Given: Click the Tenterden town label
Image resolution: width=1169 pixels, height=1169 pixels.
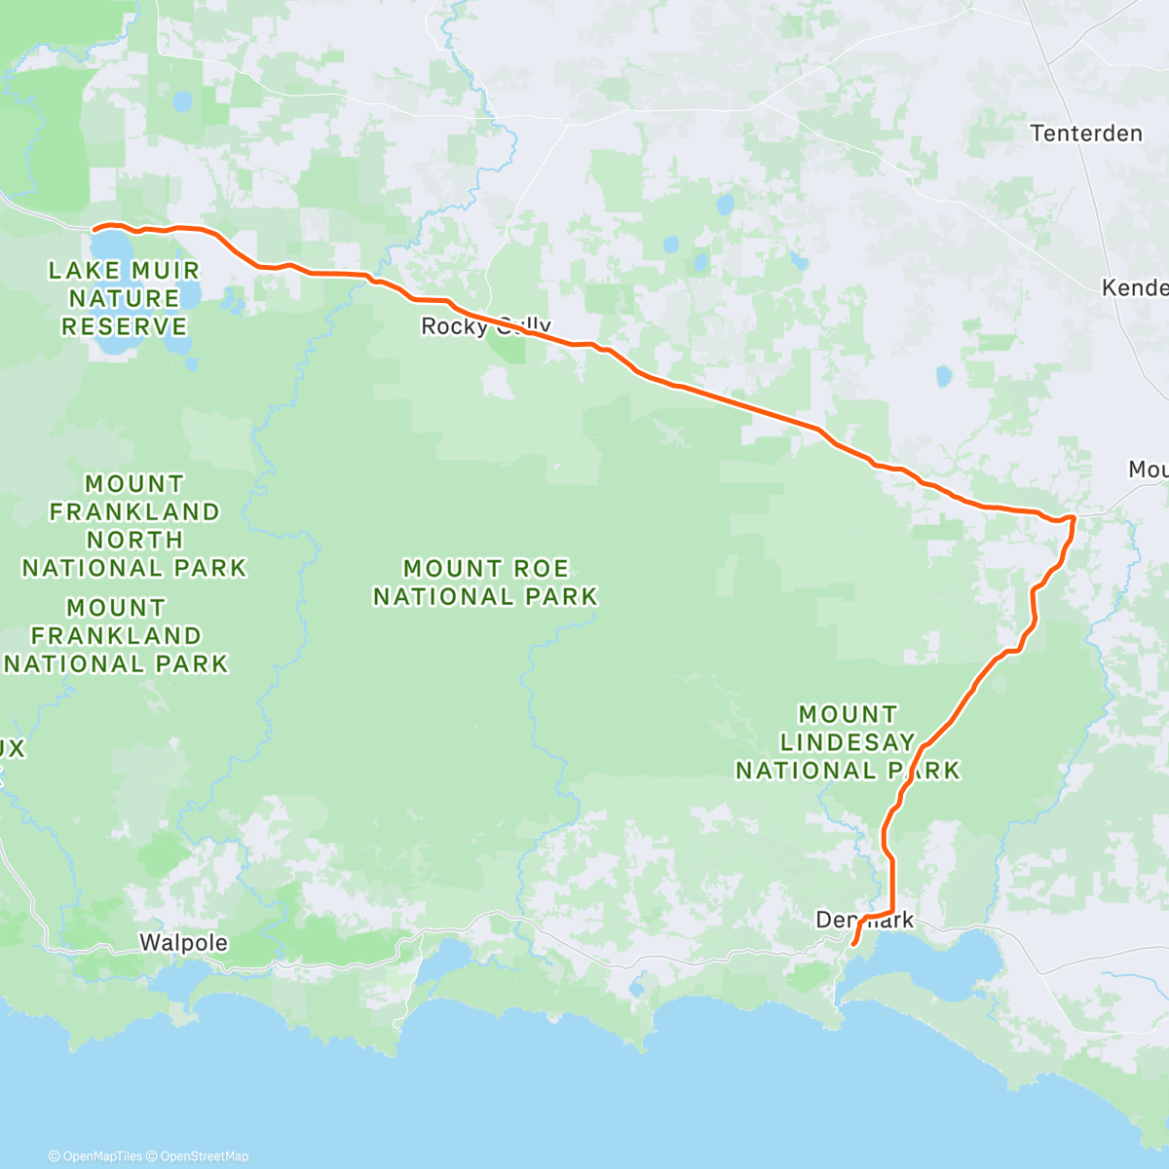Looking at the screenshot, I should pyautogui.click(x=1086, y=133).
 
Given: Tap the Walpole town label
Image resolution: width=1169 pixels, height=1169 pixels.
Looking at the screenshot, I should pyautogui.click(x=183, y=943).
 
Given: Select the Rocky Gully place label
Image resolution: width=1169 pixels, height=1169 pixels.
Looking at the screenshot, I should pyautogui.click(x=485, y=326).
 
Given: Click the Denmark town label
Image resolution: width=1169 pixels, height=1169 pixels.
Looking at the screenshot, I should pyautogui.click(x=864, y=920).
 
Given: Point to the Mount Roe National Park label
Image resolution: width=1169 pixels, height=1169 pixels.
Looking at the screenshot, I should pyautogui.click(x=485, y=582).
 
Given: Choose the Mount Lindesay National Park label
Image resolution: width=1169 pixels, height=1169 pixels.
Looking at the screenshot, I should pyautogui.click(x=848, y=742).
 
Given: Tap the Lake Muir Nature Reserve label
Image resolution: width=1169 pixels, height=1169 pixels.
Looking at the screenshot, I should pyautogui.click(x=125, y=298).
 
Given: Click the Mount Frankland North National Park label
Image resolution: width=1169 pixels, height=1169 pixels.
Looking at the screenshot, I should pyautogui.click(x=134, y=526).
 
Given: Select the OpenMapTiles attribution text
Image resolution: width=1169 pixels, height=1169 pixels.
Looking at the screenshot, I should pyautogui.click(x=95, y=1156).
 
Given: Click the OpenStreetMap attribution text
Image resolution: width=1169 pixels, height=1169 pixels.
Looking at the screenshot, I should pyautogui.click(x=205, y=1156).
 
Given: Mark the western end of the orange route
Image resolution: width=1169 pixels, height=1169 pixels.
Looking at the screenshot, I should pyautogui.click(x=94, y=229).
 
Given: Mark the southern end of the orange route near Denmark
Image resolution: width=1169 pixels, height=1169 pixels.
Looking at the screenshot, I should pyautogui.click(x=853, y=944).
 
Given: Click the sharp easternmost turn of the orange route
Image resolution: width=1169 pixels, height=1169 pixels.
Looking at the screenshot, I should pyautogui.click(x=1074, y=517).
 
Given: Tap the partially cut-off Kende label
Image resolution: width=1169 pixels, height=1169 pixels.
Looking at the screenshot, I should pyautogui.click(x=1135, y=287).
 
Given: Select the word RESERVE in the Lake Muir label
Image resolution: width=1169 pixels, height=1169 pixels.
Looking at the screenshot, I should pyautogui.click(x=125, y=326).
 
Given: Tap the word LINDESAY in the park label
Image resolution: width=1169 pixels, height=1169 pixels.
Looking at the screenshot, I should pyautogui.click(x=848, y=742).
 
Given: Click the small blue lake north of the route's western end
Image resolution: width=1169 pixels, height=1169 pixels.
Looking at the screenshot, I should pyautogui.click(x=181, y=100).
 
